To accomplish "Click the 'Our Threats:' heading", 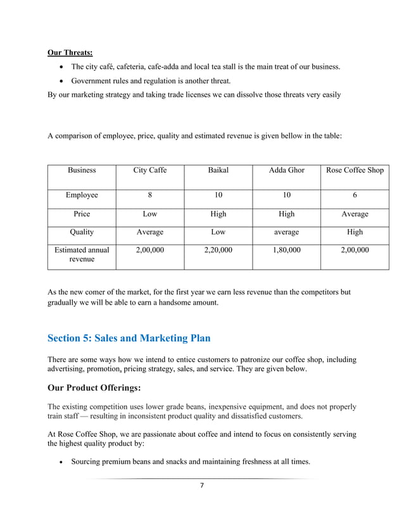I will pyautogui.click(x=70, y=52).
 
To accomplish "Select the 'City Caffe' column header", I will pyautogui.click(x=149, y=170).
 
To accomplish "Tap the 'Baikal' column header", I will pyautogui.click(x=218, y=170).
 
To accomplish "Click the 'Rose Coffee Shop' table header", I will pyautogui.click(x=355, y=170).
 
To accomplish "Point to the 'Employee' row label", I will pyautogui.click(x=82, y=195).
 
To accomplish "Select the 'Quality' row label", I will pyautogui.click(x=82, y=232).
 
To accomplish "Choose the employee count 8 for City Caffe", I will pyautogui.click(x=149, y=195).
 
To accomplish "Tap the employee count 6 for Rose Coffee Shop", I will pyautogui.click(x=355, y=195).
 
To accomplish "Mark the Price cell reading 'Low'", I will pyautogui.click(x=149, y=214).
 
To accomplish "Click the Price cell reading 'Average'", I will pyautogui.click(x=355, y=214).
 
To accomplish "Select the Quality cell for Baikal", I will pyautogui.click(x=218, y=232).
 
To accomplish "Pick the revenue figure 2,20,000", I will pyautogui.click(x=218, y=250).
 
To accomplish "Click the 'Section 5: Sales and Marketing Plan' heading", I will pyautogui.click(x=129, y=338).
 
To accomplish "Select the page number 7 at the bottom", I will pyautogui.click(x=201, y=485).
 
